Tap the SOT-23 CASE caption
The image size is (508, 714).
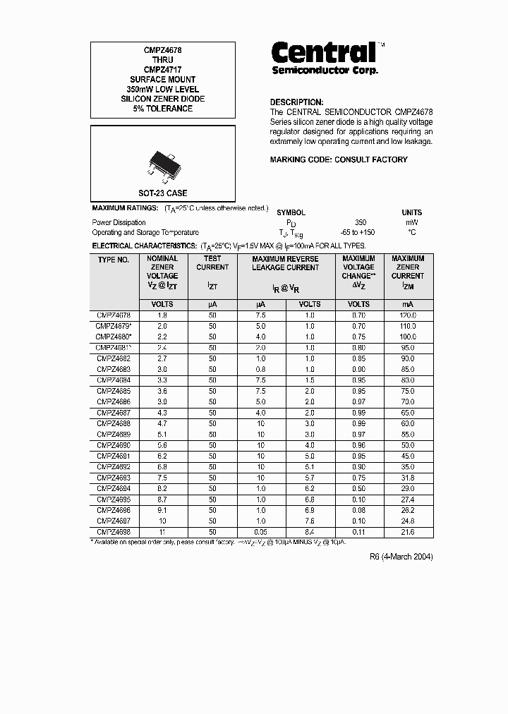(162, 193)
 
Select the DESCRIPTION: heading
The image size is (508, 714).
(296, 102)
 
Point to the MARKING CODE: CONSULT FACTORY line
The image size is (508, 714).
(339, 159)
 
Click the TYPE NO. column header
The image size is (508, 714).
(114, 260)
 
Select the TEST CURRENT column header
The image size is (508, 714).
(212, 263)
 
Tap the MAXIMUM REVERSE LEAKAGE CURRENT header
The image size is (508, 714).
(285, 263)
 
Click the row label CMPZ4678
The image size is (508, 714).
(114, 315)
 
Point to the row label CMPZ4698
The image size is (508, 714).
(114, 532)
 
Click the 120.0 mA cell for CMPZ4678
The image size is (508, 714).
(407, 315)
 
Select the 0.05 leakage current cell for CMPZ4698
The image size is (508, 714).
(261, 532)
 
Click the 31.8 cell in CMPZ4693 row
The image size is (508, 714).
(407, 478)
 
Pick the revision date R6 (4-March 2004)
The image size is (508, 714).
(401, 557)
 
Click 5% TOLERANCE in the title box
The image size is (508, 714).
(162, 109)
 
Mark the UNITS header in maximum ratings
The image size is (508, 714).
(412, 212)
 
